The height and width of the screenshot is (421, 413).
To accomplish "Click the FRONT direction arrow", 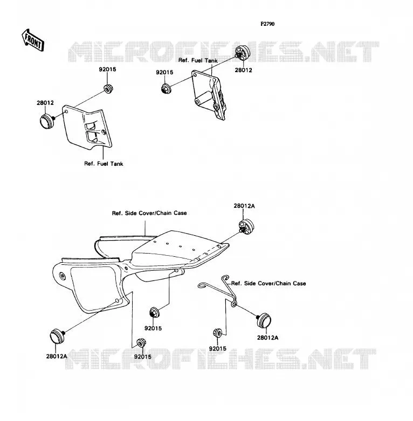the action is click(x=33, y=40).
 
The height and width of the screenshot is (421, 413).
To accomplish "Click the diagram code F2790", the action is click(x=267, y=24).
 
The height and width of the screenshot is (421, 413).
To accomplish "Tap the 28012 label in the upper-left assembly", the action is click(x=45, y=103).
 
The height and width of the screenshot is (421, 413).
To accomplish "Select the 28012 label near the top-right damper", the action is click(x=243, y=70).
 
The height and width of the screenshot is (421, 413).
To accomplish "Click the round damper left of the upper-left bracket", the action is click(x=47, y=121).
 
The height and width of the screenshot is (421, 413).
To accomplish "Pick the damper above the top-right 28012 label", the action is click(x=242, y=53).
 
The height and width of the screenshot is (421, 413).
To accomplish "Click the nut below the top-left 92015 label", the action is click(x=108, y=89).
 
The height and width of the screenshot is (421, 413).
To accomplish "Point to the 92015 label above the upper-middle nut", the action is click(x=164, y=73).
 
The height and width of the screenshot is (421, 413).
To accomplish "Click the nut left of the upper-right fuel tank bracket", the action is click(x=166, y=89).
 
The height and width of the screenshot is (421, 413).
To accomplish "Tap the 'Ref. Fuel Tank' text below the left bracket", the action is click(x=104, y=164).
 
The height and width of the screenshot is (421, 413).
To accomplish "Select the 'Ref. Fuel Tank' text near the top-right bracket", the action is click(x=198, y=60).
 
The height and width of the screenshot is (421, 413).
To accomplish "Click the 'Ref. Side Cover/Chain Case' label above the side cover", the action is click(x=149, y=213).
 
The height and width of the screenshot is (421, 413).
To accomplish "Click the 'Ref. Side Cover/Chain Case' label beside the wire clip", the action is click(x=269, y=283).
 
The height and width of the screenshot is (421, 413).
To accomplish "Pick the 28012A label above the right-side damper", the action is click(x=244, y=206).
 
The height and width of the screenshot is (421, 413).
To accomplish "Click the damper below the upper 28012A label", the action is click(x=246, y=227).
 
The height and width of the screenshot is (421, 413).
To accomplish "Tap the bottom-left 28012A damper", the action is click(x=57, y=336).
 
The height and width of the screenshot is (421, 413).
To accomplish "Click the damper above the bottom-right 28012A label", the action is click(x=264, y=320).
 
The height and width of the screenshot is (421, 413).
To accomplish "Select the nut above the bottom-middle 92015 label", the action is click(x=154, y=313).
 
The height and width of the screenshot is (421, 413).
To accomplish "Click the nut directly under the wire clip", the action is click(x=217, y=333).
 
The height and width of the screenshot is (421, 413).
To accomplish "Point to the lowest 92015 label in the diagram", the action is click(x=142, y=357).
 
